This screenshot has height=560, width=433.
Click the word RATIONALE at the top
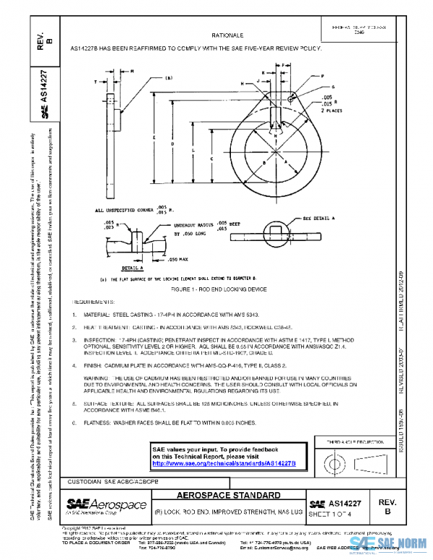tap(227, 35)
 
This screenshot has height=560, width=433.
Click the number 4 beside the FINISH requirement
tap(74, 367)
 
